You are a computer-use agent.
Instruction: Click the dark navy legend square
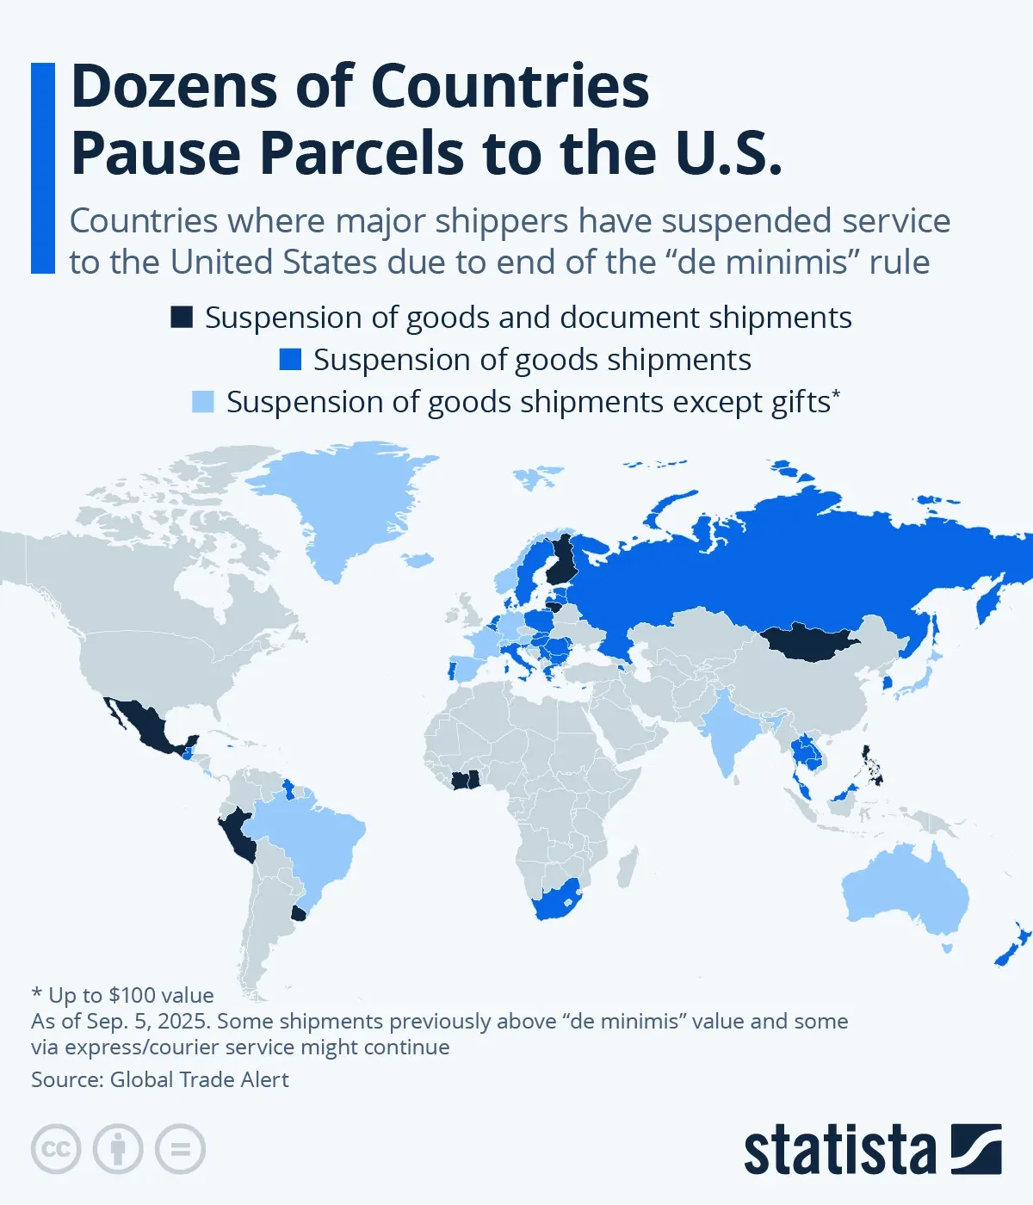click(x=182, y=318)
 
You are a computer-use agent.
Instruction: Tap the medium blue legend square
click(x=290, y=360)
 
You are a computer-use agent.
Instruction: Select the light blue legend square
click(x=203, y=402)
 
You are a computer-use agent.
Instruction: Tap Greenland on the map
click(x=344, y=508)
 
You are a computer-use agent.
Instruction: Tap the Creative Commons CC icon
click(x=56, y=1149)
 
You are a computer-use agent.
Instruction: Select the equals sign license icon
click(x=181, y=1149)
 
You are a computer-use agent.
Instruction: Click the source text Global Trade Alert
click(x=199, y=1079)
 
